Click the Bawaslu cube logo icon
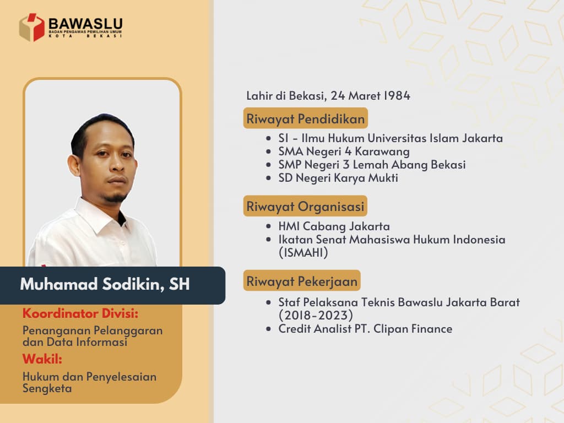click(x=32, y=28)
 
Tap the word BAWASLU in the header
click(x=85, y=24)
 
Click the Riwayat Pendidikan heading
click(x=305, y=118)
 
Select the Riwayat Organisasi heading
click(x=305, y=207)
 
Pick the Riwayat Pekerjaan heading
click(x=302, y=281)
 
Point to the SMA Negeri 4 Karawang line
click(x=344, y=151)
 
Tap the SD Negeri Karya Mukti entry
click(x=338, y=177)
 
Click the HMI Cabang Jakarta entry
click(x=334, y=226)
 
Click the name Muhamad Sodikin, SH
click(x=105, y=285)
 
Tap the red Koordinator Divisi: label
click(x=80, y=314)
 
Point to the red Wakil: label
click(x=42, y=360)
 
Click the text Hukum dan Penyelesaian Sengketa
click(x=89, y=382)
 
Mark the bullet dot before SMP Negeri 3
click(x=268, y=165)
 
